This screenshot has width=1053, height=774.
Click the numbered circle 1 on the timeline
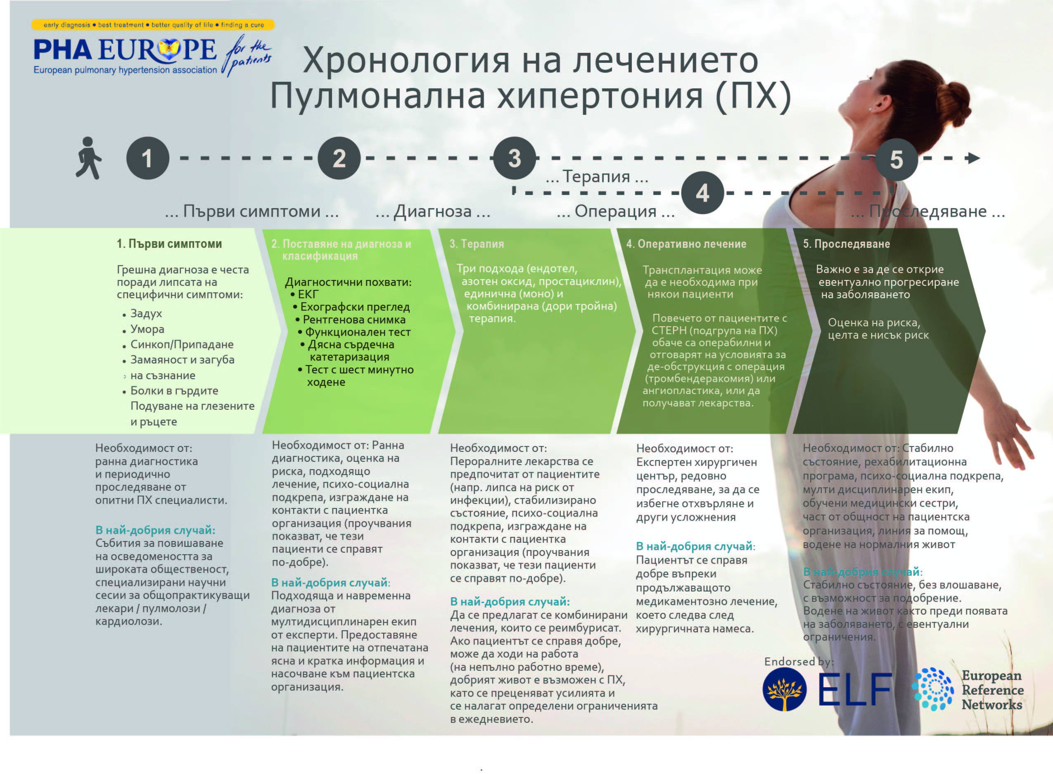click(x=147, y=158)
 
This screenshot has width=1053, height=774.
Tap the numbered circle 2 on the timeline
click(x=339, y=158)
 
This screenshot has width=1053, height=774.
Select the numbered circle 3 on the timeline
click(x=515, y=158)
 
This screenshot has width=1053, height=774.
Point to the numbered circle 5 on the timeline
click(x=896, y=159)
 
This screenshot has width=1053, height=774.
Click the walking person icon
click(x=88, y=158)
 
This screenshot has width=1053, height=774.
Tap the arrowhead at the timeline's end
click(x=974, y=158)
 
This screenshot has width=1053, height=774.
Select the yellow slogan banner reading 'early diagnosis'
click(x=153, y=24)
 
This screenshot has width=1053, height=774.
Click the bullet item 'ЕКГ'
click(x=308, y=294)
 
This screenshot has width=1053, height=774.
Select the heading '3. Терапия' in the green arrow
click(x=477, y=244)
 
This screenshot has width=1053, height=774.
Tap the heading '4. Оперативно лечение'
click(x=686, y=244)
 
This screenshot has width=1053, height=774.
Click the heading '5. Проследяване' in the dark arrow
click(x=847, y=244)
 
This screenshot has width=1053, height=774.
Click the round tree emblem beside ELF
click(x=785, y=690)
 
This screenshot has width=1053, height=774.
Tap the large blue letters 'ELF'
click(x=855, y=689)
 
